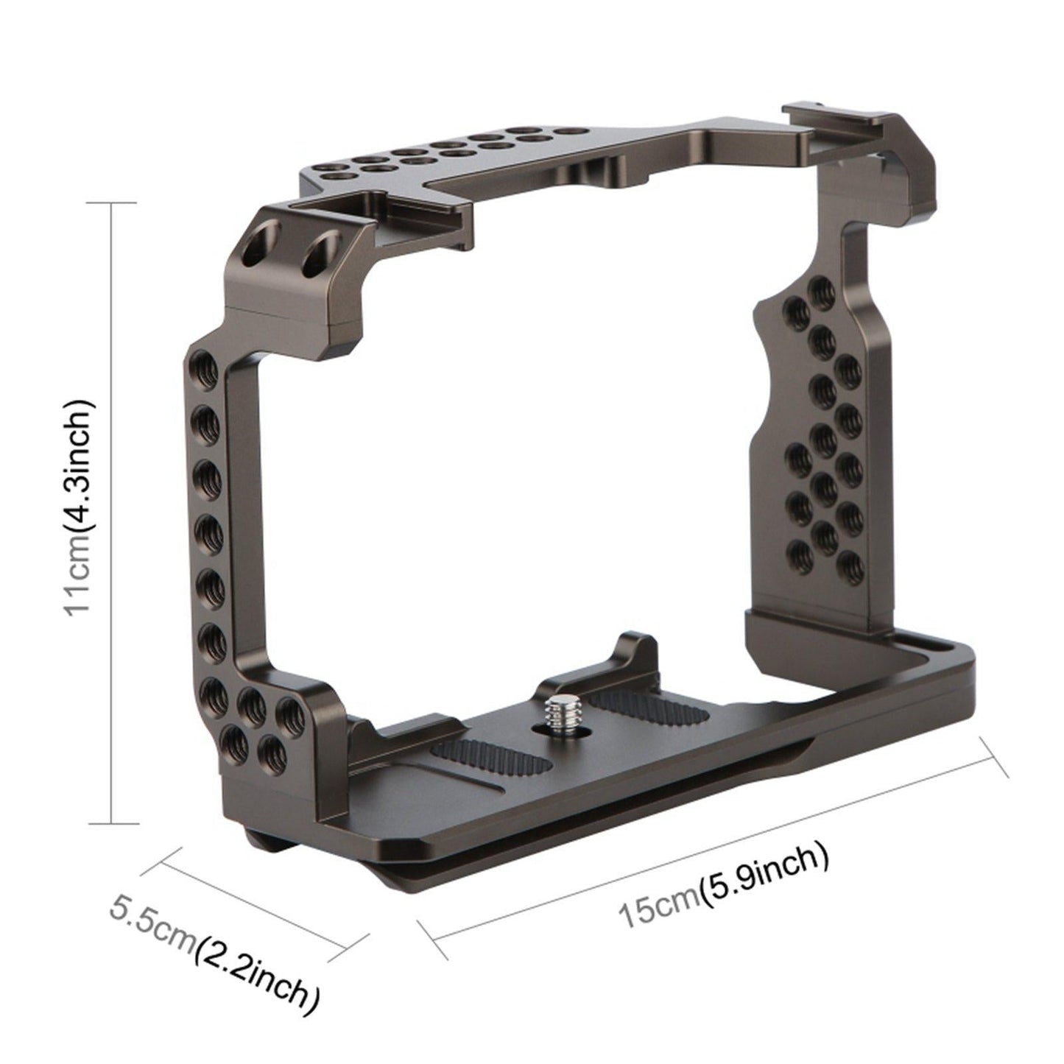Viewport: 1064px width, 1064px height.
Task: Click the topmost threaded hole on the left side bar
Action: coord(205,363)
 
